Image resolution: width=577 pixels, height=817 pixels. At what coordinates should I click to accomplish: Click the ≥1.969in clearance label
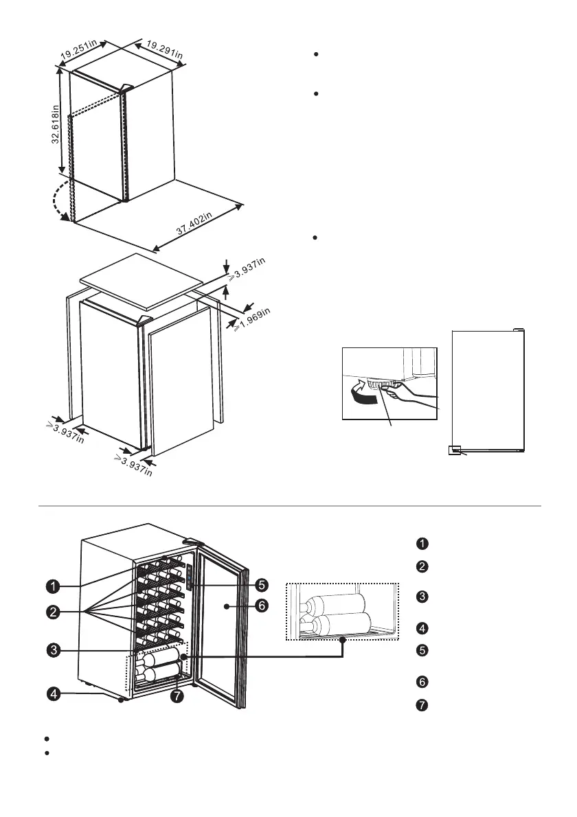coord(252,321)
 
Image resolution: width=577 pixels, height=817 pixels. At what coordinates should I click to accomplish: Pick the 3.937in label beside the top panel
coord(248,269)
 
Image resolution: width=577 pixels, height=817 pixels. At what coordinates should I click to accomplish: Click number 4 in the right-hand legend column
coord(422,627)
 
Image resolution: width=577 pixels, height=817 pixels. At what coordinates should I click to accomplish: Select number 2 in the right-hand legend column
coord(422,566)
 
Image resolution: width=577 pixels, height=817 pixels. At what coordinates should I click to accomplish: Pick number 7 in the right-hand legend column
coord(422,706)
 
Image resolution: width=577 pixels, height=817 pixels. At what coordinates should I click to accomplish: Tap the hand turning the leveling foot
coord(405,396)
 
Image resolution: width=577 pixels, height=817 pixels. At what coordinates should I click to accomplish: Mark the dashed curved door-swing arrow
coord(57,201)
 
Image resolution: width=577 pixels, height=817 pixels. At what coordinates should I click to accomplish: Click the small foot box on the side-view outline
coord(453,450)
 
